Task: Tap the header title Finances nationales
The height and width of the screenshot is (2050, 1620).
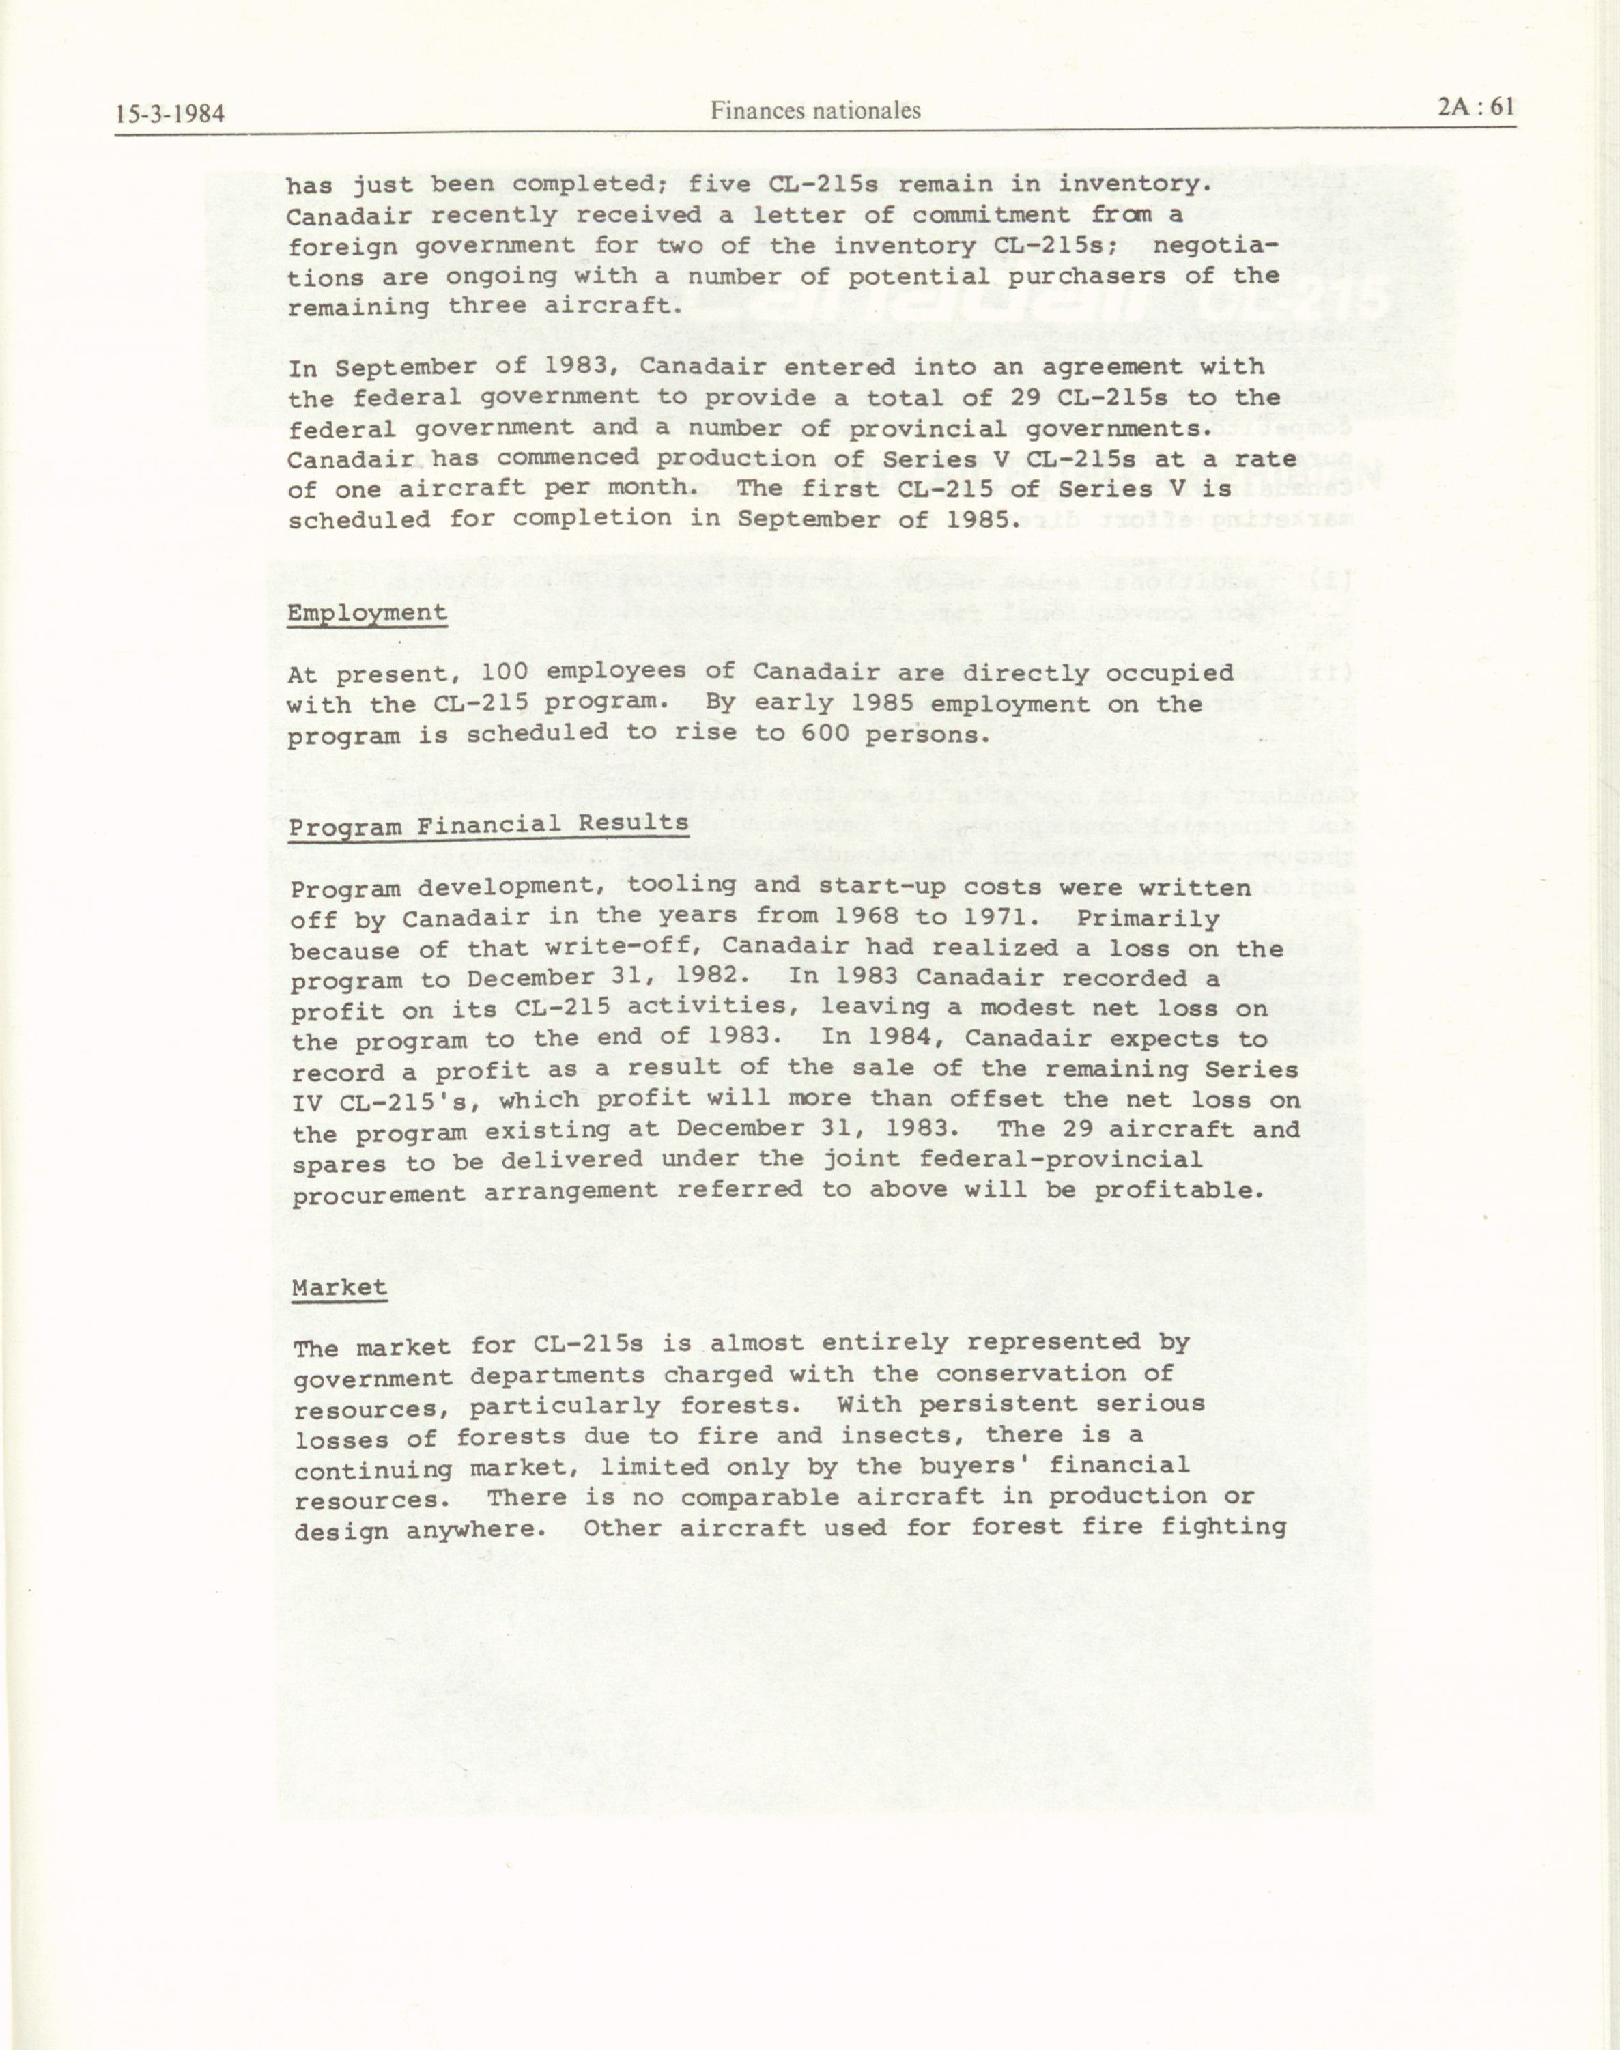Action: point(816,111)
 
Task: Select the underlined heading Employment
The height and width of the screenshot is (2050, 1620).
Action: point(367,612)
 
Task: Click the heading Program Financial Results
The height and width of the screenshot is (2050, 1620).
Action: point(489,825)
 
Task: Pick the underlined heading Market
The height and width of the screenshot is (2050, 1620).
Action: point(339,1287)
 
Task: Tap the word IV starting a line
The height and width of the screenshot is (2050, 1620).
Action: point(309,1102)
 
